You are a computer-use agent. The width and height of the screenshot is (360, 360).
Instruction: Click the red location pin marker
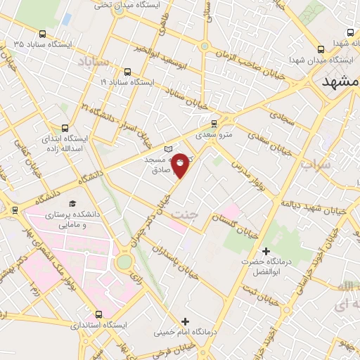181,163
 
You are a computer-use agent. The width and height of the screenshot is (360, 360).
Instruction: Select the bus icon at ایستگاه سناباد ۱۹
127,71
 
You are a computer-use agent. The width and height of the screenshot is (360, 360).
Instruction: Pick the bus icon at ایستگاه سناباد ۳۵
42,34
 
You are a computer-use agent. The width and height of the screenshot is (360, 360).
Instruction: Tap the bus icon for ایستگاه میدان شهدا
321,50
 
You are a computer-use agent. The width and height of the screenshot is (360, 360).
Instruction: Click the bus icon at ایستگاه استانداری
97,314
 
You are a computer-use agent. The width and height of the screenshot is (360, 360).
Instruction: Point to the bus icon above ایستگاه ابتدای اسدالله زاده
65,129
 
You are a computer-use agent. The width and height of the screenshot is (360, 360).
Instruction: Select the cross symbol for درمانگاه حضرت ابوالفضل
266,251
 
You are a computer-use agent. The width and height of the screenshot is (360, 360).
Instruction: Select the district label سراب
316,165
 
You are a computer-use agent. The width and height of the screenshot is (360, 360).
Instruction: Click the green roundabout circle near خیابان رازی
124,262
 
